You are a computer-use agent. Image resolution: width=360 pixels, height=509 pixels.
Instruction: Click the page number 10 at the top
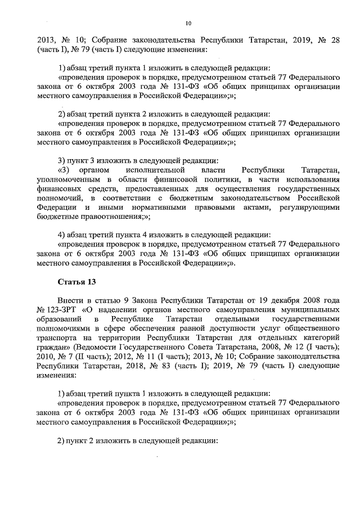pyautogui.click(x=188, y=23)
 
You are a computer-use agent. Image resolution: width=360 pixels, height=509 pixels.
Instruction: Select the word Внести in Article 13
pyautogui.click(x=70, y=300)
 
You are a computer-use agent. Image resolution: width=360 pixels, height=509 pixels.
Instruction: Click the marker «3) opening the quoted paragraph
pyautogui.click(x=64, y=170)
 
